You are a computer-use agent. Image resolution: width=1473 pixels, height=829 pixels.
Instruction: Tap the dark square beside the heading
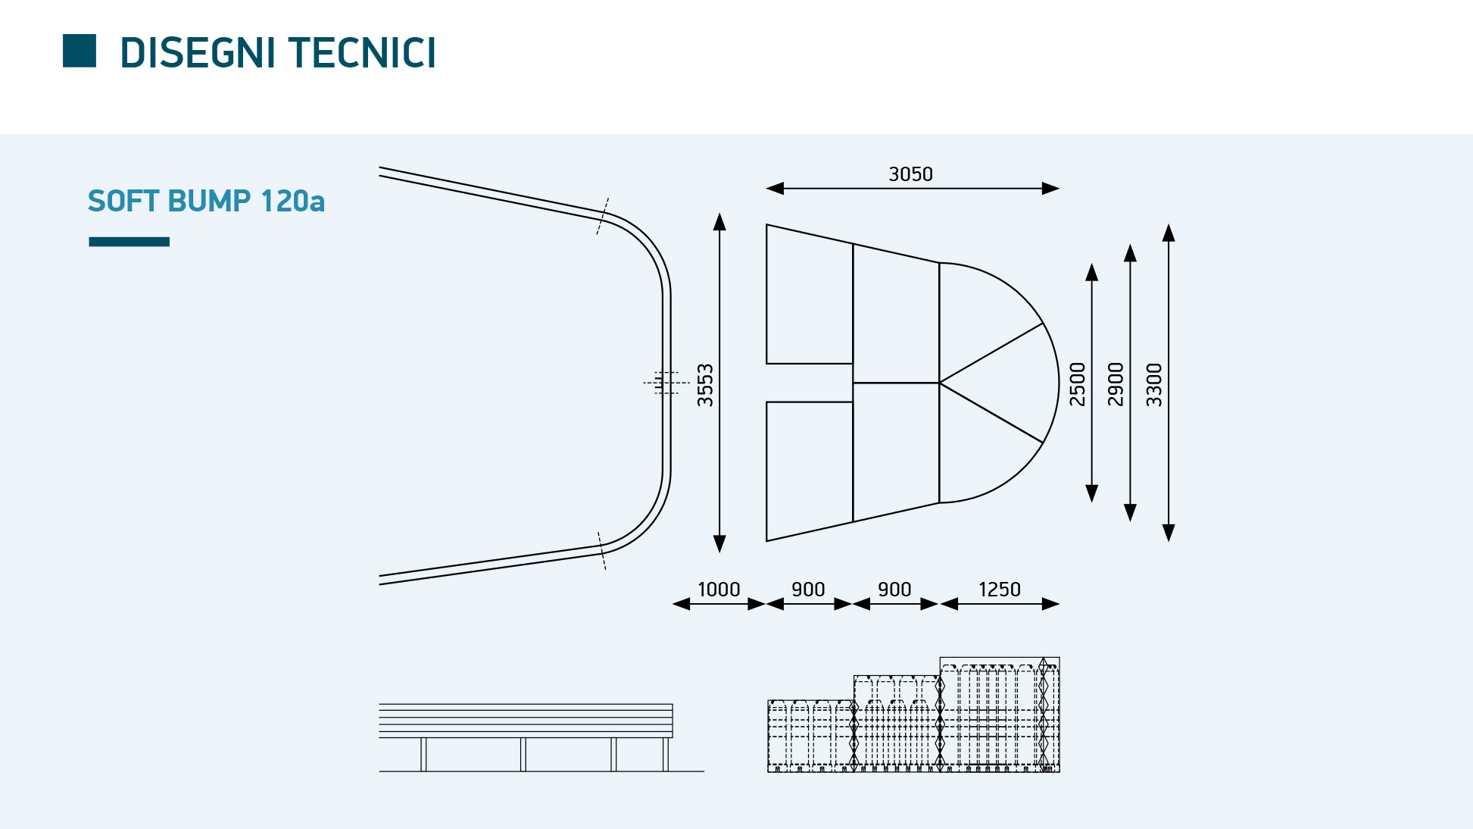click(x=80, y=51)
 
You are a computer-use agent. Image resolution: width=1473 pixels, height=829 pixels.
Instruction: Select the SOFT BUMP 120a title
click(x=206, y=201)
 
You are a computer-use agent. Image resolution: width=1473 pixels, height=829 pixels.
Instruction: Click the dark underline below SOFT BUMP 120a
click(x=129, y=242)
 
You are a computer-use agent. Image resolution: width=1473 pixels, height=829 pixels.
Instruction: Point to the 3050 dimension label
click(x=910, y=174)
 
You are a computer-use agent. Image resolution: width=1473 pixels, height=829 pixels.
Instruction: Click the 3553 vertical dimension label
click(x=705, y=385)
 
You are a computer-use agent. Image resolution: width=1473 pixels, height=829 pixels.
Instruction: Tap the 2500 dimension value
click(x=1077, y=384)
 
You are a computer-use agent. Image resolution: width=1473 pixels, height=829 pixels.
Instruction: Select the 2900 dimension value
click(x=1116, y=384)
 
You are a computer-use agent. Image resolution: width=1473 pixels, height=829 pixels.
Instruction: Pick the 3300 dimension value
click(x=1154, y=385)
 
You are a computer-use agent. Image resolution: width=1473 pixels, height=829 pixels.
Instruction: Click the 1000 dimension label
click(x=719, y=590)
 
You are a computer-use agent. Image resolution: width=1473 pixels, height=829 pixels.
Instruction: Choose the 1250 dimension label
click(x=1000, y=590)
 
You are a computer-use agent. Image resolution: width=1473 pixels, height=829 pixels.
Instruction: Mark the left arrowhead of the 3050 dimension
click(x=775, y=189)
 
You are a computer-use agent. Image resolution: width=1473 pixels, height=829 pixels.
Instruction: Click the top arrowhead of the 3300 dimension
click(x=1169, y=233)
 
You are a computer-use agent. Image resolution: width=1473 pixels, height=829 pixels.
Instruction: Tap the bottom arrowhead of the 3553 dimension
click(x=719, y=544)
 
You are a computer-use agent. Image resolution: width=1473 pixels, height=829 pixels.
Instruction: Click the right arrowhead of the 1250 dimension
click(x=1050, y=604)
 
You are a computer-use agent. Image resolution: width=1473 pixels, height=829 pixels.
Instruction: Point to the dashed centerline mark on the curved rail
click(x=666, y=383)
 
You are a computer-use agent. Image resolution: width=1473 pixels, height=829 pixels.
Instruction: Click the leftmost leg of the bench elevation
click(x=423, y=755)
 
